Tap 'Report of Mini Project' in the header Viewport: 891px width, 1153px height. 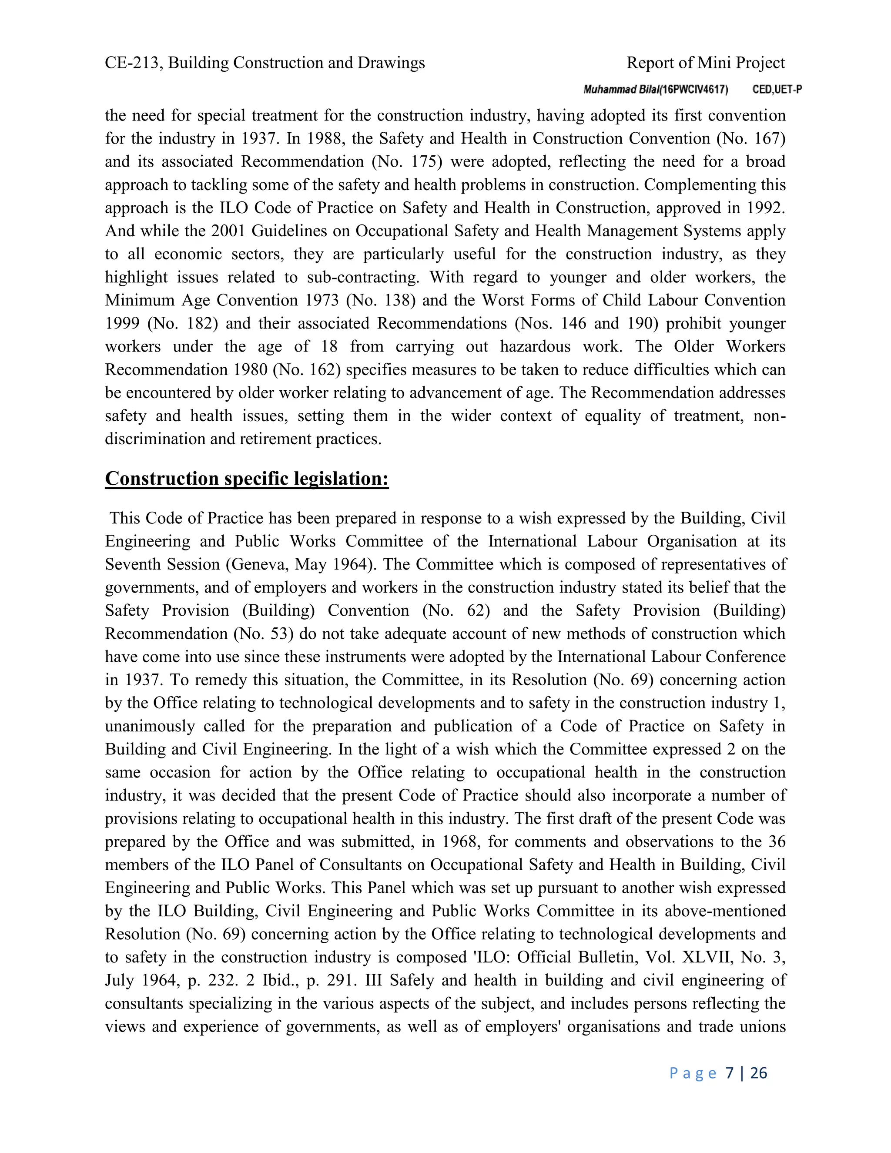705,63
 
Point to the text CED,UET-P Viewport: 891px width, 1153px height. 777,90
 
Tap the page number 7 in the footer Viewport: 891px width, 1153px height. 730,1073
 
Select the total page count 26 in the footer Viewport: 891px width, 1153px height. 758,1073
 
